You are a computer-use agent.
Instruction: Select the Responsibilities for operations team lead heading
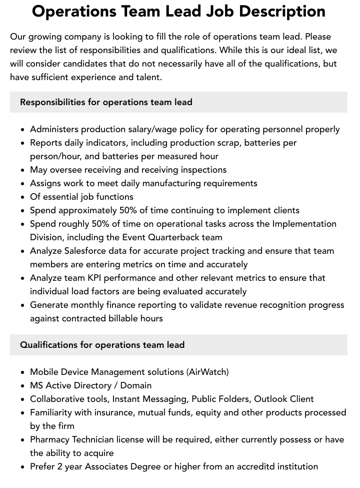pyautogui.click(x=106, y=102)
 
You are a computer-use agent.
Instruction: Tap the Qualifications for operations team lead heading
pyautogui.click(x=102, y=345)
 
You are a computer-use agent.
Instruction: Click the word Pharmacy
pyautogui.click(x=49, y=439)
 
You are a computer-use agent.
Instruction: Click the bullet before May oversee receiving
pyautogui.click(x=23, y=170)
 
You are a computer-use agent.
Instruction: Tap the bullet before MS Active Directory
pyautogui.click(x=23, y=386)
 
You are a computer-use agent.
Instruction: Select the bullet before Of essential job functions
pyautogui.click(x=23, y=197)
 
